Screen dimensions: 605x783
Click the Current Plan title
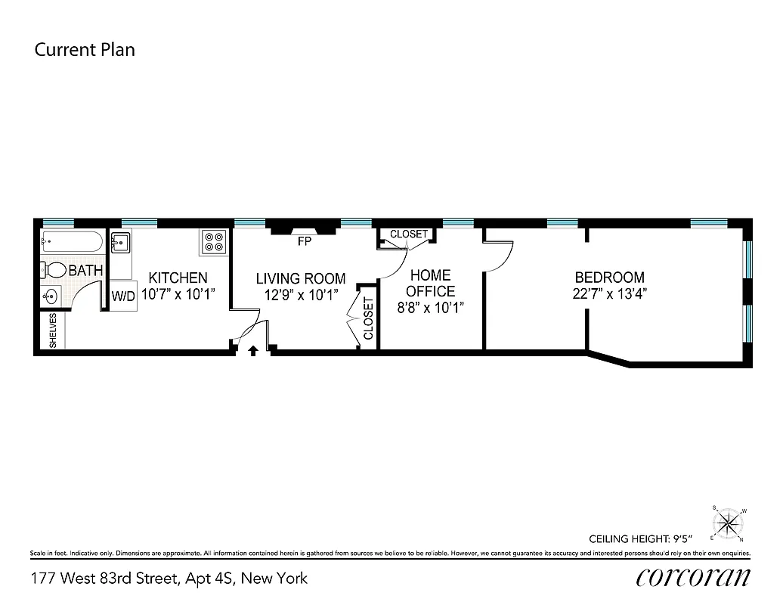85,50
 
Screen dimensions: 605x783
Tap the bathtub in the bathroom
71,244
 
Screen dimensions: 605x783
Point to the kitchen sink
121,244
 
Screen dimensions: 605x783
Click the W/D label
123,296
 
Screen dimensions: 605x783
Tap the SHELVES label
53,330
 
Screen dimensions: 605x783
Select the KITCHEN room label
178,278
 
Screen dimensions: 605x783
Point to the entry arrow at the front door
253,349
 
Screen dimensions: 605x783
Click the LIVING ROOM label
301,278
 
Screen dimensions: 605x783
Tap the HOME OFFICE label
431,283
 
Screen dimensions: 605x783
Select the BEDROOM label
609,278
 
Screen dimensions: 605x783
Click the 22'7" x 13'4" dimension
609,294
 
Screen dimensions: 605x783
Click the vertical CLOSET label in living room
368,318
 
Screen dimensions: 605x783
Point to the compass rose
729,522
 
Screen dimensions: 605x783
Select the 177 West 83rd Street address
169,579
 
